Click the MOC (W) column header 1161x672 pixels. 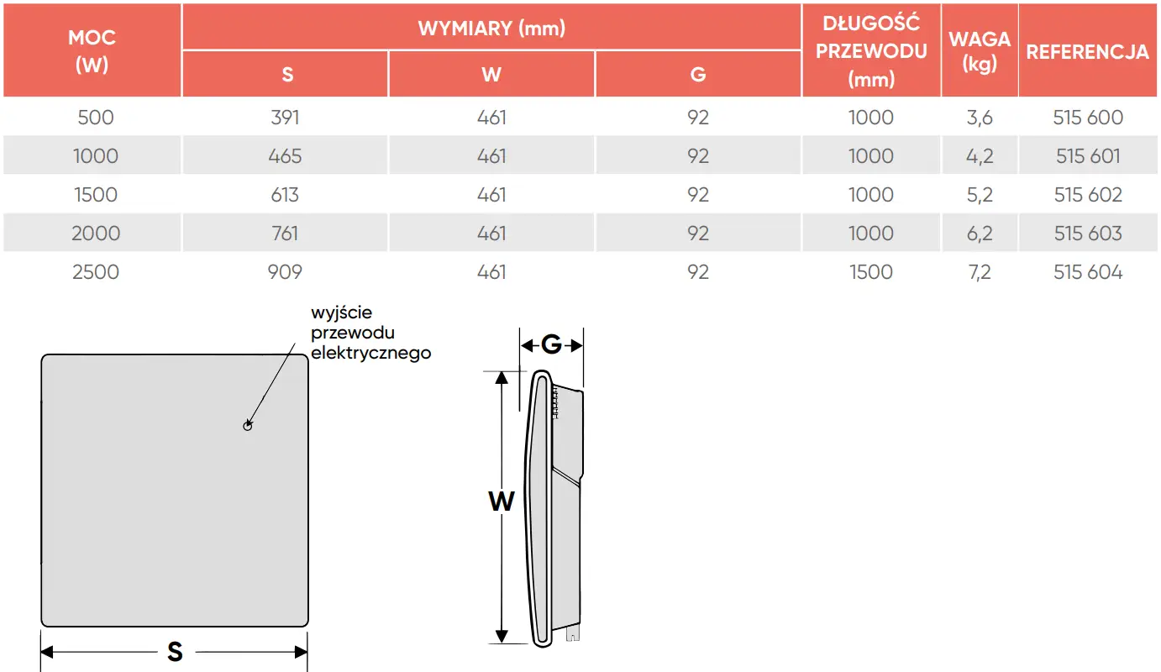(x=92, y=50)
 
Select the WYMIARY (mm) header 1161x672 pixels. (x=491, y=28)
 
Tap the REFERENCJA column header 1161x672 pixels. (x=1087, y=52)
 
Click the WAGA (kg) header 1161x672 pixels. (x=980, y=50)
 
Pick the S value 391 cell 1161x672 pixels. (x=285, y=118)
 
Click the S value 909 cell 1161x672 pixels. (x=285, y=272)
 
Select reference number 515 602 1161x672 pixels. (x=1088, y=195)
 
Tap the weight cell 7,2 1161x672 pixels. (x=980, y=272)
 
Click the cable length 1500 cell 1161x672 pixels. (x=871, y=272)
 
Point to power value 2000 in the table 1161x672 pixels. (x=96, y=234)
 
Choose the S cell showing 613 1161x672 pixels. (x=285, y=195)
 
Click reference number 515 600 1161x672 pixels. (x=1088, y=118)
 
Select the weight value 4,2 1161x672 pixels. (x=980, y=156)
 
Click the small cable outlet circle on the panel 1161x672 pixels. (x=248, y=426)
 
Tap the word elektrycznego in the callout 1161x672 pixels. (x=370, y=353)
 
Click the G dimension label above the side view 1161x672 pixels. (x=551, y=344)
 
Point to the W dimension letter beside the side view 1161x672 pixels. (x=502, y=501)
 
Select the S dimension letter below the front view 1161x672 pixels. (x=176, y=652)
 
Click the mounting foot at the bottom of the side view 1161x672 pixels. (x=572, y=634)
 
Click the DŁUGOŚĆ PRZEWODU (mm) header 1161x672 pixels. (x=871, y=51)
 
